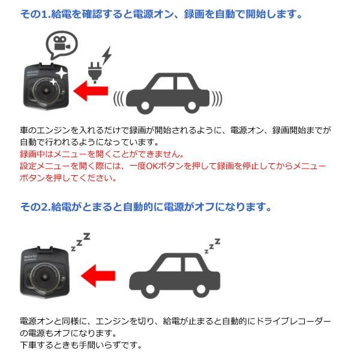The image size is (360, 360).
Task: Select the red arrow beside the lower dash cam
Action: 98,277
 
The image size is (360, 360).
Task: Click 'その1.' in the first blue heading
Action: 32,13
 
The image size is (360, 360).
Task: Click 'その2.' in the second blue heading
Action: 32,207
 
